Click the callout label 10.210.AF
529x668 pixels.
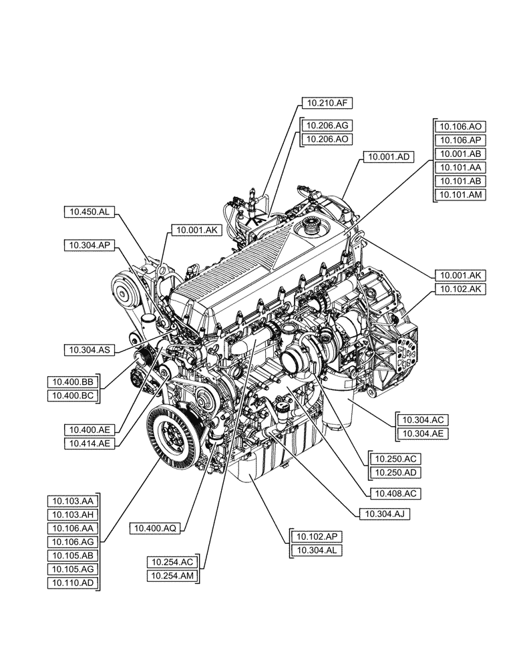click(326, 103)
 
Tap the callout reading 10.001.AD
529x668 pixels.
click(388, 157)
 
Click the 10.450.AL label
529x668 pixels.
click(90, 212)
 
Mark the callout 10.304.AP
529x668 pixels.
click(90, 245)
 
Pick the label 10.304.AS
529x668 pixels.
click(90, 349)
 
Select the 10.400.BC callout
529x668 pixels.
click(73, 396)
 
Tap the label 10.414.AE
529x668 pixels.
click(90, 442)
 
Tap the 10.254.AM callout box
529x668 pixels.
click(172, 576)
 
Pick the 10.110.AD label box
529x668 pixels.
click(73, 582)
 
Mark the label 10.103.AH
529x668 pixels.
click(73, 514)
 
